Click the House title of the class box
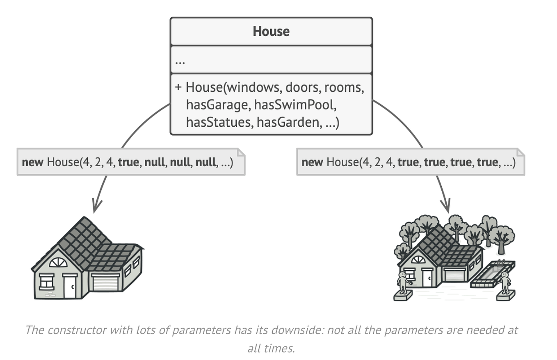(271, 31)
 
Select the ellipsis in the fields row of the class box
(180, 62)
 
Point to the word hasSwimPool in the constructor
(295, 105)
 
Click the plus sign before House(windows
(178, 87)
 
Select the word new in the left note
(32, 162)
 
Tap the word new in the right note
(312, 162)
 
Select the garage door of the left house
(106, 283)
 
